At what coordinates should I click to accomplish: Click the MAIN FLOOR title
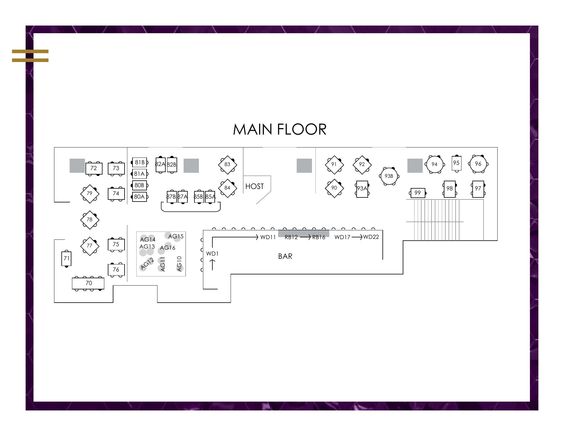pyautogui.click(x=280, y=130)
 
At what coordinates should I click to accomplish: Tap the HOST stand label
pyautogui.click(x=254, y=186)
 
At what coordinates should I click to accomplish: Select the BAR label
pyautogui.click(x=285, y=256)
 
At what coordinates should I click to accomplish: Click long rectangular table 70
pyautogui.click(x=88, y=283)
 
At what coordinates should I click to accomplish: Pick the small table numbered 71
pyautogui.click(x=66, y=259)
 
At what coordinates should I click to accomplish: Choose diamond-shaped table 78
pyautogui.click(x=90, y=219)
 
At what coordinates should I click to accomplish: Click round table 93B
pyautogui.click(x=389, y=176)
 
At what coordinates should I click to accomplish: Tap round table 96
pyautogui.click(x=478, y=164)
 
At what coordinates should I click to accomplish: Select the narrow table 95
pyautogui.click(x=456, y=163)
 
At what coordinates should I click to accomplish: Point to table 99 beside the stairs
pyautogui.click(x=417, y=193)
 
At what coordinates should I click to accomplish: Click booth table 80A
pyautogui.click(x=139, y=197)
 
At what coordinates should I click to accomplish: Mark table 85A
pyautogui.click(x=210, y=197)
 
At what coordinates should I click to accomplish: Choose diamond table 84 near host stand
pyautogui.click(x=227, y=188)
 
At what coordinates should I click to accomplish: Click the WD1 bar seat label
pyautogui.click(x=212, y=254)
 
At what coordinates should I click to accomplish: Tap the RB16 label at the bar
pyautogui.click(x=318, y=237)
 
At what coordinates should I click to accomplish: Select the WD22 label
pyautogui.click(x=371, y=237)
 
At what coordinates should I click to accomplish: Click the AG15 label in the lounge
pyautogui.click(x=176, y=236)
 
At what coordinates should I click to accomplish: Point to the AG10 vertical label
pyautogui.click(x=179, y=264)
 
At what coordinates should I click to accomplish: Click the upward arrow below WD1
pyautogui.click(x=212, y=264)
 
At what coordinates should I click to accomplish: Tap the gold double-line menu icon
pyautogui.click(x=30, y=56)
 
